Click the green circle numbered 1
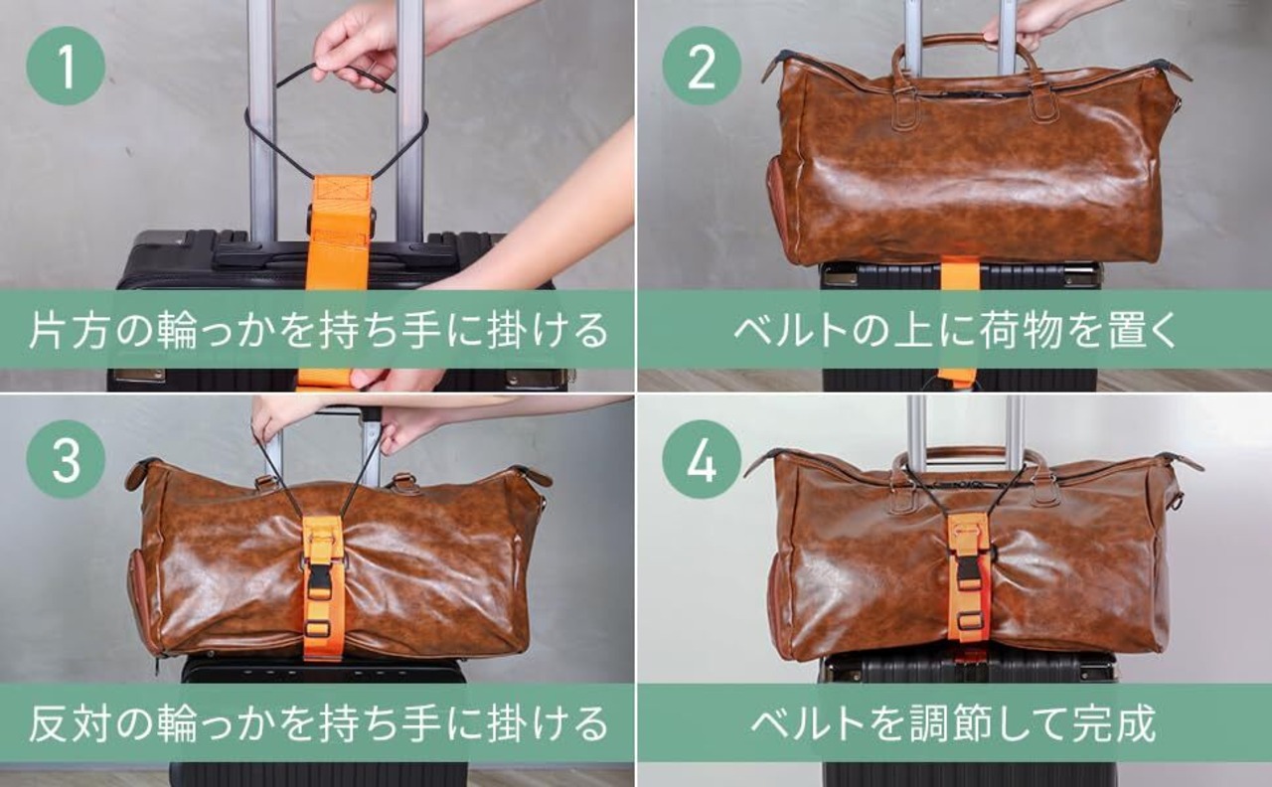click(x=66, y=66)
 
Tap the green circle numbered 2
click(x=702, y=66)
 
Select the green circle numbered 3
click(x=66, y=459)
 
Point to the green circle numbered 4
click(x=702, y=459)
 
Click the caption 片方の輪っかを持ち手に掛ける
click(x=318, y=330)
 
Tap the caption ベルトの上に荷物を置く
click(x=955, y=330)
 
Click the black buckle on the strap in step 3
click(x=321, y=574)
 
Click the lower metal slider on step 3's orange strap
click(x=319, y=628)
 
